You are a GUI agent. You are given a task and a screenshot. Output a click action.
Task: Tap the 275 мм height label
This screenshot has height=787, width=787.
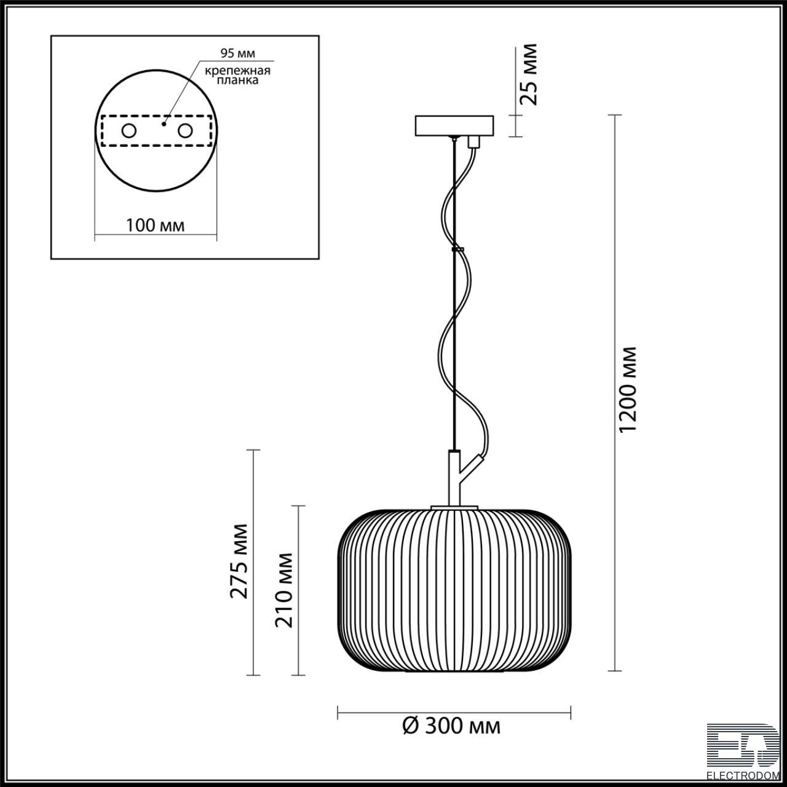tap(239, 561)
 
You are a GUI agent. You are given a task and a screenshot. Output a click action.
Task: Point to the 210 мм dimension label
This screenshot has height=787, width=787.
tap(284, 590)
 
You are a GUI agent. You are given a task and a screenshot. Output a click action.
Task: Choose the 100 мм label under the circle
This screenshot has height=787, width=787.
tap(155, 225)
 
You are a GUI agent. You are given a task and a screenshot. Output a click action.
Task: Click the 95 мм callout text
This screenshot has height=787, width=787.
tap(238, 53)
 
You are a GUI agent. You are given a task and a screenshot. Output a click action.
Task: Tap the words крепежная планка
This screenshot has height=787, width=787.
tap(237, 75)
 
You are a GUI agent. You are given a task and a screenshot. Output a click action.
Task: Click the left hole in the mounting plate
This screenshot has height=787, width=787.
tap(129, 131)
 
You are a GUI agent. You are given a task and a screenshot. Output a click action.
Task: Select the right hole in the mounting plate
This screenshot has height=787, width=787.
tap(185, 131)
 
